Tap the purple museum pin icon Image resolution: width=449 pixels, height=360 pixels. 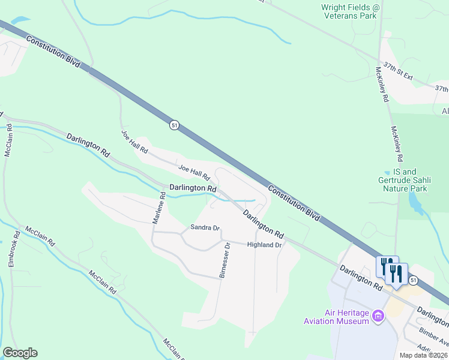coord(378,316)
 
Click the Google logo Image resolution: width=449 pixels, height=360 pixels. coord(20,353)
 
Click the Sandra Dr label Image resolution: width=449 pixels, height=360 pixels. coord(205,227)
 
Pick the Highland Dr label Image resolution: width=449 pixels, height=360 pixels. coord(264,245)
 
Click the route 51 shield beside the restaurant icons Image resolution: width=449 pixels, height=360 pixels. coord(413,280)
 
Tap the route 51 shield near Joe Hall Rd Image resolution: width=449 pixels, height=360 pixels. coord(174,125)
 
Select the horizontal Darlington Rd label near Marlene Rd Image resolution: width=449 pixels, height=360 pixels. coord(192,188)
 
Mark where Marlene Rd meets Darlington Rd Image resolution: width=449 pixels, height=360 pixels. coord(163,184)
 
